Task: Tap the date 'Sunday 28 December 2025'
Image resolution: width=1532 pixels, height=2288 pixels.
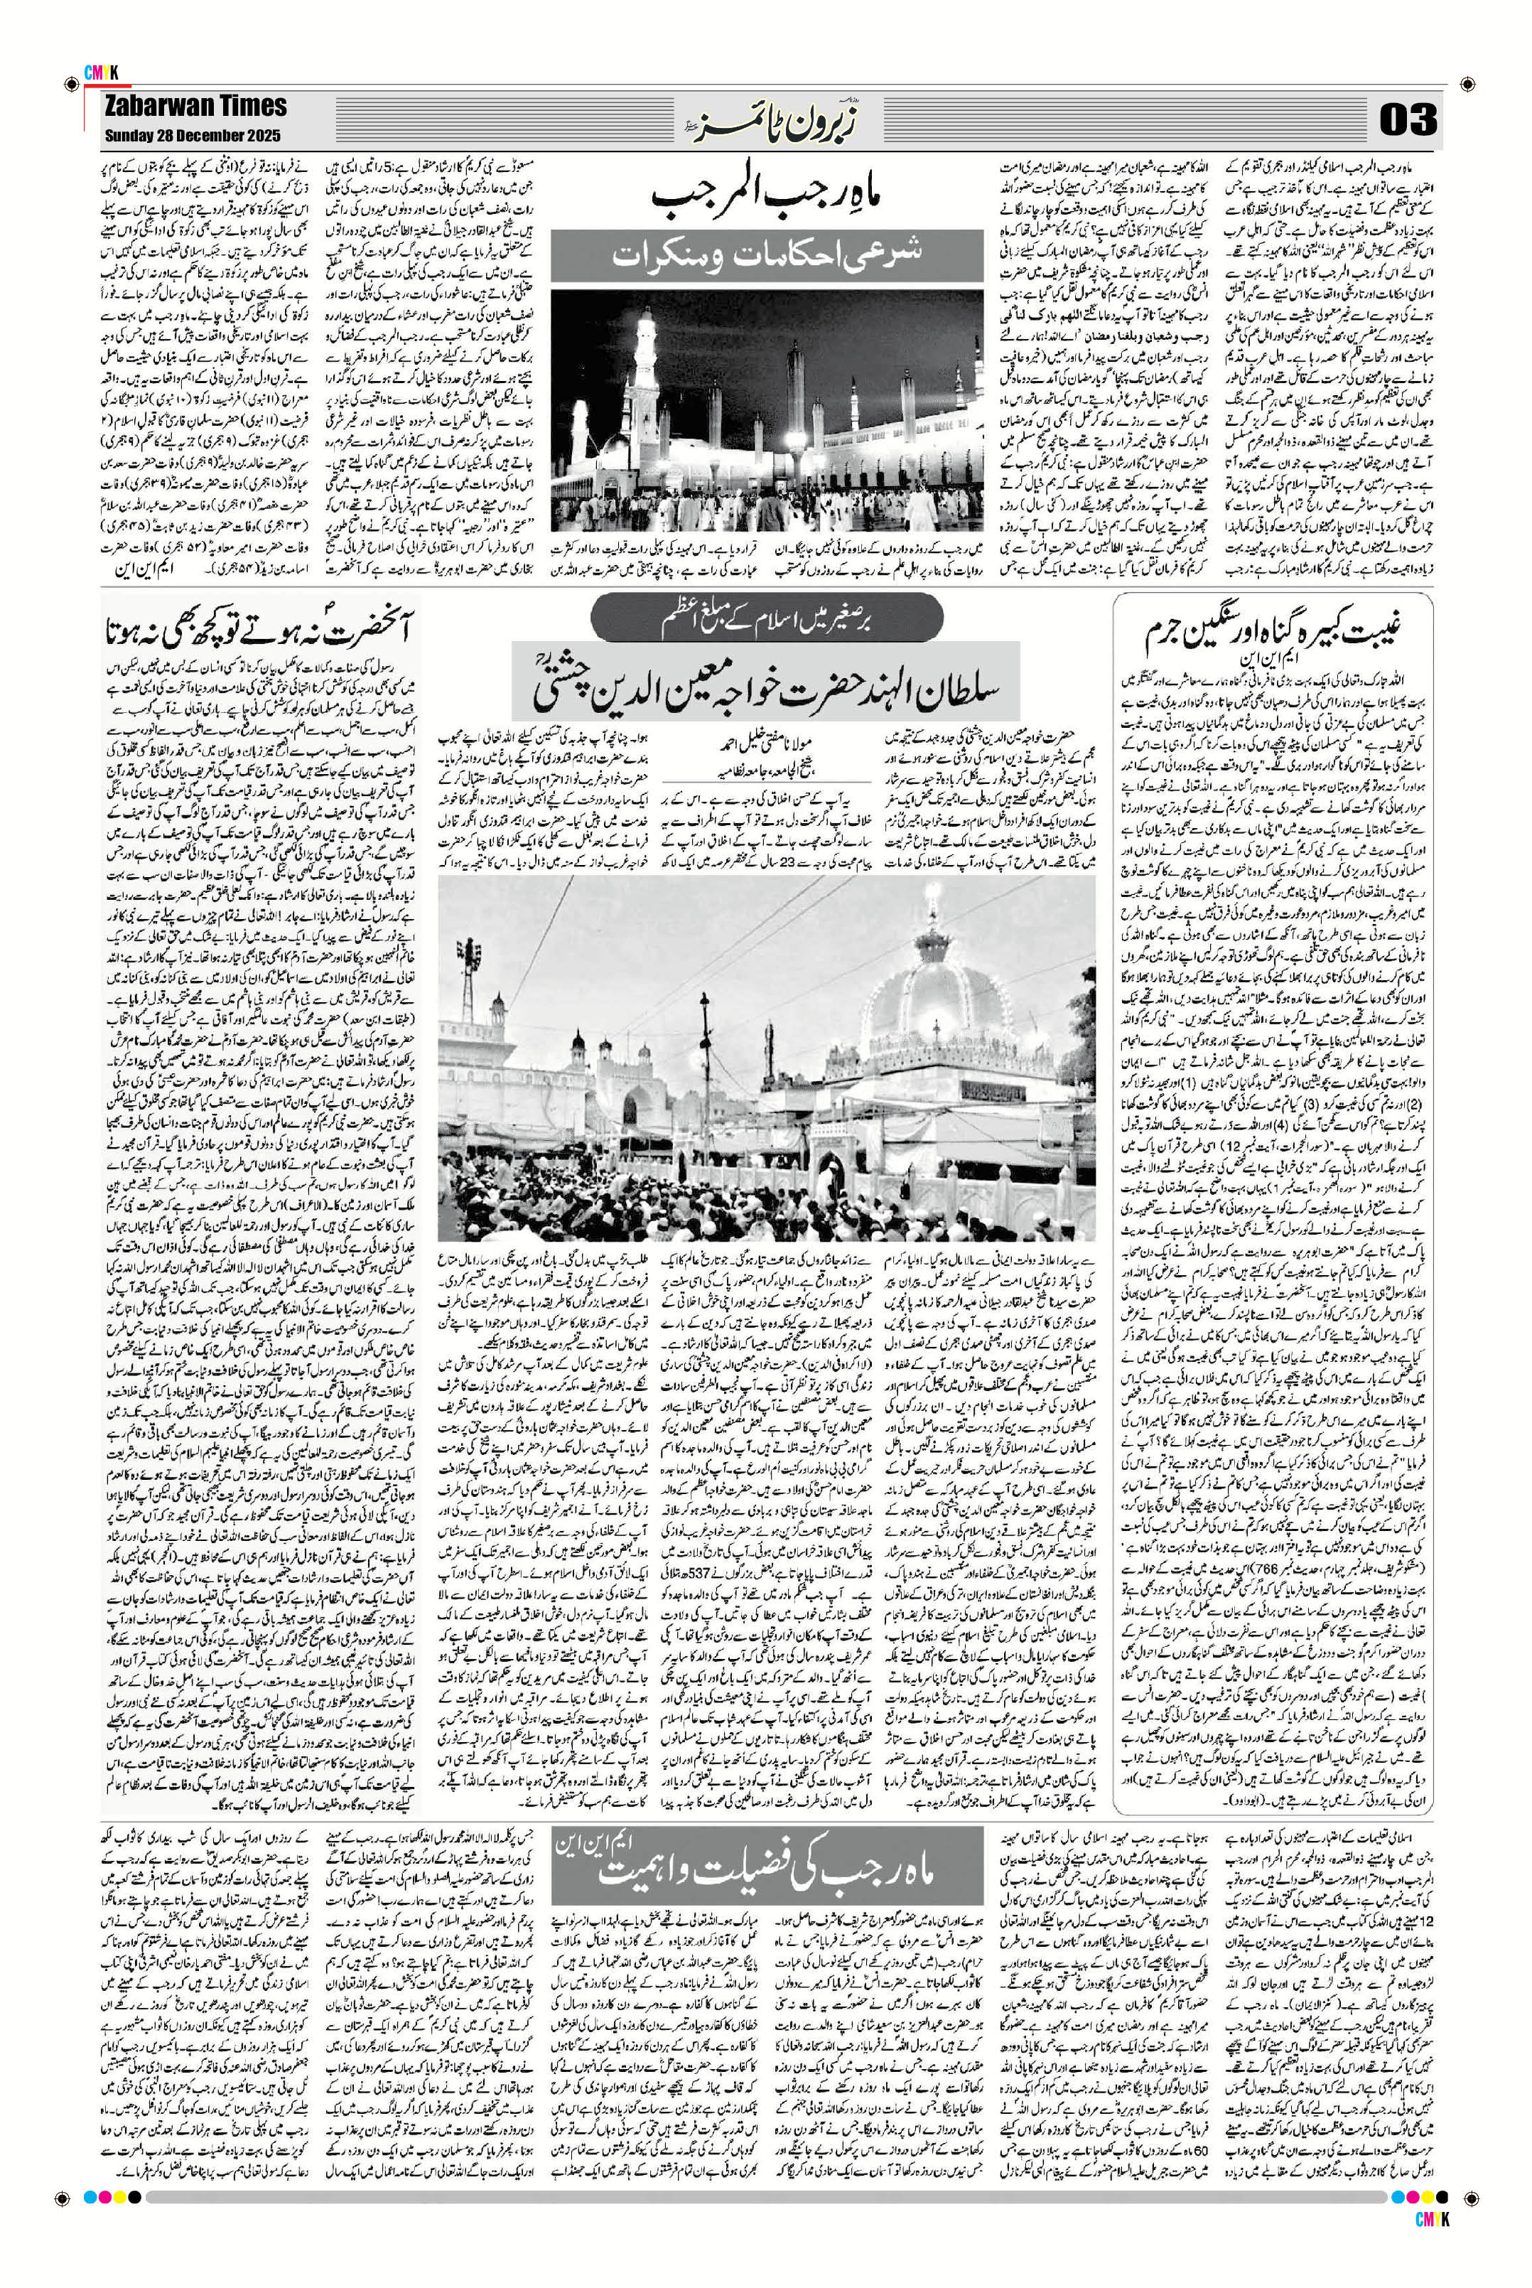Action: tap(193, 136)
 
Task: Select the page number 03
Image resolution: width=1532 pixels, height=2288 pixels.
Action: tap(1408, 120)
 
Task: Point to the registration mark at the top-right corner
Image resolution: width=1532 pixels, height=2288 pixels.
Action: tap(1467, 86)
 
